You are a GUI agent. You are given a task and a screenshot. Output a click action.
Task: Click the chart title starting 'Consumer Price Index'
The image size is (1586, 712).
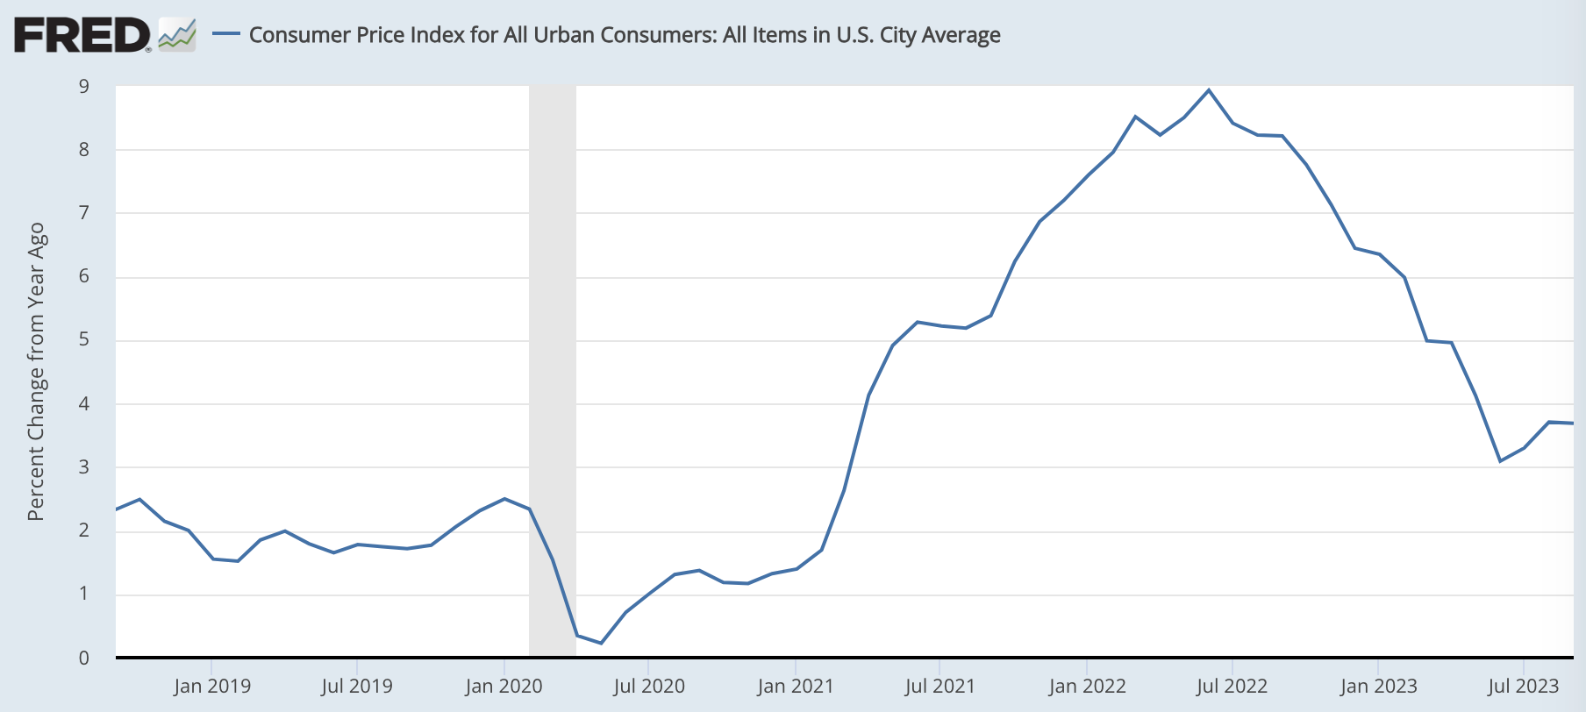[625, 35]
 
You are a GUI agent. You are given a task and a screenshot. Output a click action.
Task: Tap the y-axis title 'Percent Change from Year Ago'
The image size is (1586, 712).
[36, 372]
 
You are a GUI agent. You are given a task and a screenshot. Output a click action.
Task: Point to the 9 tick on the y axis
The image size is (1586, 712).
[84, 86]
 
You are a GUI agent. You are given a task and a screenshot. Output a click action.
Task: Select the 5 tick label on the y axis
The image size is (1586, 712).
[84, 339]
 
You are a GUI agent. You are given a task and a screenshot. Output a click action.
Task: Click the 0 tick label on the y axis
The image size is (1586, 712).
[84, 658]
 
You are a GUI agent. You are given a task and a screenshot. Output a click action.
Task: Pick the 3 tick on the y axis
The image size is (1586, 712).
[84, 466]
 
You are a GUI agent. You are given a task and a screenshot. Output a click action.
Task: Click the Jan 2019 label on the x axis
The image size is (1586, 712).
[212, 686]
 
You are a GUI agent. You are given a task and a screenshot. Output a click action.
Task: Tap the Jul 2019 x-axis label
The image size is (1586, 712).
[357, 686]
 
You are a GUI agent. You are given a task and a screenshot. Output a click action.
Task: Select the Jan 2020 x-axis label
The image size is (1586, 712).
[504, 686]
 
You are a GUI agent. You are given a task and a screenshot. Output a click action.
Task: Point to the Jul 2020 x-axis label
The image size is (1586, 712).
[649, 686]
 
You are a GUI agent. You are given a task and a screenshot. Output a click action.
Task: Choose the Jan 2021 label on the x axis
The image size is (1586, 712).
[796, 686]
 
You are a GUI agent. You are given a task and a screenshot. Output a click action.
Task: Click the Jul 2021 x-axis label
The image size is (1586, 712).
[939, 686]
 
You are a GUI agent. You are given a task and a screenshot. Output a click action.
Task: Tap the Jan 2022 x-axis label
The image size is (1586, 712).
[1087, 686]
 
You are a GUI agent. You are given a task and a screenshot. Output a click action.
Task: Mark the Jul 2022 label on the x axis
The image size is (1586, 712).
[1232, 686]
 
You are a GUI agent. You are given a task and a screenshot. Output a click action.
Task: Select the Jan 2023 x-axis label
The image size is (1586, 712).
[1378, 686]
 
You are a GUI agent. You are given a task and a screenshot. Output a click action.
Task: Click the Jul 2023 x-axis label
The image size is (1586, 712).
[1523, 686]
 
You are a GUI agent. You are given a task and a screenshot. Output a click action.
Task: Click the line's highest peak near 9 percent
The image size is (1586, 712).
[1209, 89]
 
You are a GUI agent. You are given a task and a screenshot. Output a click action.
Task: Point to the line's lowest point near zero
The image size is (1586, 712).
[601, 643]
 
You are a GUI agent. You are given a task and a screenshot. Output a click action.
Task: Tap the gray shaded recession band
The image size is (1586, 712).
[553, 351]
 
